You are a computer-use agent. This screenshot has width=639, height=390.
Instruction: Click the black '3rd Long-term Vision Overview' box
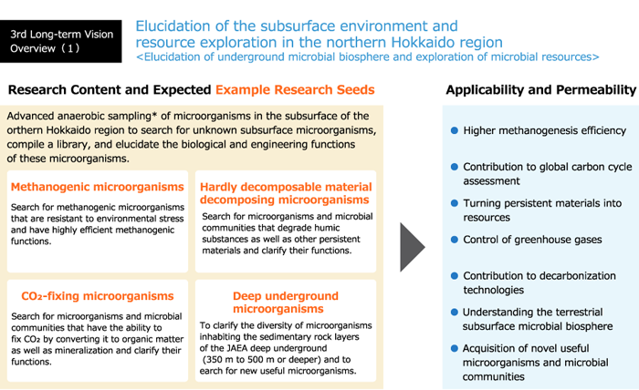click(61, 41)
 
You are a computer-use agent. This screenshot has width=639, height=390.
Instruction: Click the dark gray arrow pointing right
click(413, 247)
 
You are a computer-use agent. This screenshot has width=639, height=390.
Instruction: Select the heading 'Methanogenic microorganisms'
click(98, 187)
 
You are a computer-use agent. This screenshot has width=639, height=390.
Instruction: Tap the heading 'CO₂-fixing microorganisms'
click(98, 295)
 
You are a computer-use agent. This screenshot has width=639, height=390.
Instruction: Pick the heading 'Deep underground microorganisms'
click(286, 303)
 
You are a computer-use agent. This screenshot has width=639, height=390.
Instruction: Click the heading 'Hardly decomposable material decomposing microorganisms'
click(286, 193)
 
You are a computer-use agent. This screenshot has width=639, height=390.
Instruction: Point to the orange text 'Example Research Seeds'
click(295, 89)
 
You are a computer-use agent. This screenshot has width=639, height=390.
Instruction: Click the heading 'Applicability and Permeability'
click(540, 89)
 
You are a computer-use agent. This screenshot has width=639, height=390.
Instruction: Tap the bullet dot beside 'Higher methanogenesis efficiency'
click(455, 130)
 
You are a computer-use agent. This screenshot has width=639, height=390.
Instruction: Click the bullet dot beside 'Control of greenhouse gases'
click(455, 240)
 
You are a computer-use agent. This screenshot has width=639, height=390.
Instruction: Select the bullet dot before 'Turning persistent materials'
click(455, 203)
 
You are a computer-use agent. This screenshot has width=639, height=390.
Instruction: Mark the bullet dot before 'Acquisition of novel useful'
click(455, 348)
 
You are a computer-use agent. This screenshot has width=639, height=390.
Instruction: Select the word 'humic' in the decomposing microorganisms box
click(326, 228)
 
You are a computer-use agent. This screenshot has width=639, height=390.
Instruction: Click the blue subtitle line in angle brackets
click(368, 56)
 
